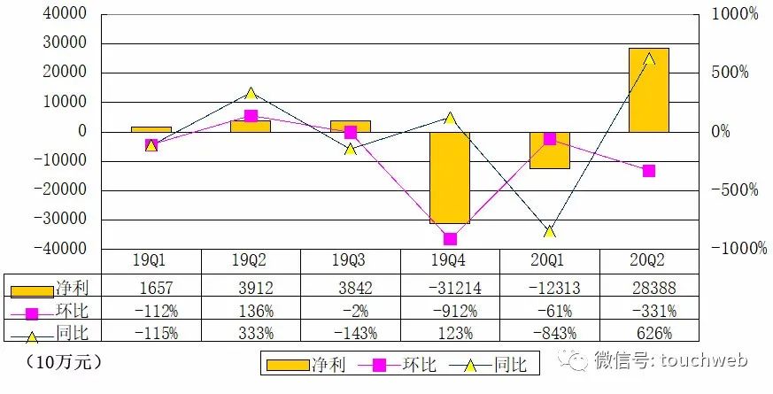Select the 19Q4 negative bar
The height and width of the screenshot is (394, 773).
[450, 177]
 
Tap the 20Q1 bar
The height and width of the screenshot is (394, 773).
[549, 151]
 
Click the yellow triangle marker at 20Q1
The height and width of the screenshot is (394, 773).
[549, 231]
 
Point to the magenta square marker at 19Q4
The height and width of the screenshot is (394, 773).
[450, 239]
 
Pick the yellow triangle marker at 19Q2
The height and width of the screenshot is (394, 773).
[251, 93]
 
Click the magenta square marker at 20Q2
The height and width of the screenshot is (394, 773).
[649, 171]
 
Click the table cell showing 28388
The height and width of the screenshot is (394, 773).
[649, 287]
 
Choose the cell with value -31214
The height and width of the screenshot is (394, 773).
[450, 287]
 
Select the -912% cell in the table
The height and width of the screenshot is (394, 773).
[450, 310]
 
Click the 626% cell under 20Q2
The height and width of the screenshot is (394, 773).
[649, 333]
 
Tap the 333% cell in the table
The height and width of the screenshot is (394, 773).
[251, 333]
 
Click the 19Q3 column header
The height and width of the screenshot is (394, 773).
[350, 261]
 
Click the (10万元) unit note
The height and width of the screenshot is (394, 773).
[64, 362]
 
